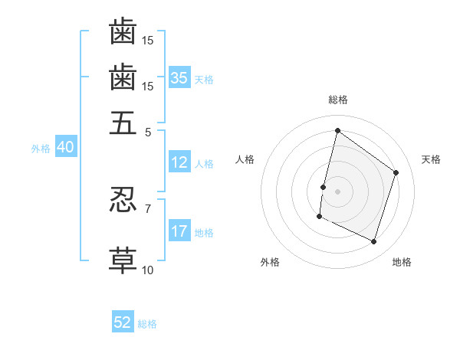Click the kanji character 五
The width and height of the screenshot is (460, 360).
123,123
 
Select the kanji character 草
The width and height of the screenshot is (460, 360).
123,260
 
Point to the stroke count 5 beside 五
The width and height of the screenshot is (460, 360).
148,131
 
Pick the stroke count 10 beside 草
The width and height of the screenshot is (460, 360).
148,270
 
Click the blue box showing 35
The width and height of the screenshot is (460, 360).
179,78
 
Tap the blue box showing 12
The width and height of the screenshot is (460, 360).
179,162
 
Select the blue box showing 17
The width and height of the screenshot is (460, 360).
179,231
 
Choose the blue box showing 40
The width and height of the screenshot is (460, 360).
65,148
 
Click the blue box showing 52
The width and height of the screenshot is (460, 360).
123,323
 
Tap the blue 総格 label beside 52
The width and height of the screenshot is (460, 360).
147,324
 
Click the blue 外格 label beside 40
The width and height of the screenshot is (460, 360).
41,149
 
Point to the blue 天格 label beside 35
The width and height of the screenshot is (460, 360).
204,79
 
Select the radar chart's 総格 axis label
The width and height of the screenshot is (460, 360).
337,100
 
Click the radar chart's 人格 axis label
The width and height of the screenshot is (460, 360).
245,159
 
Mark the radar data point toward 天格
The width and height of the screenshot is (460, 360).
396,172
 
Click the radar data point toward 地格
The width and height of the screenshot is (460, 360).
374,242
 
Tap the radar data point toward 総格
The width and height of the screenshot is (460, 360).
337,130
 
